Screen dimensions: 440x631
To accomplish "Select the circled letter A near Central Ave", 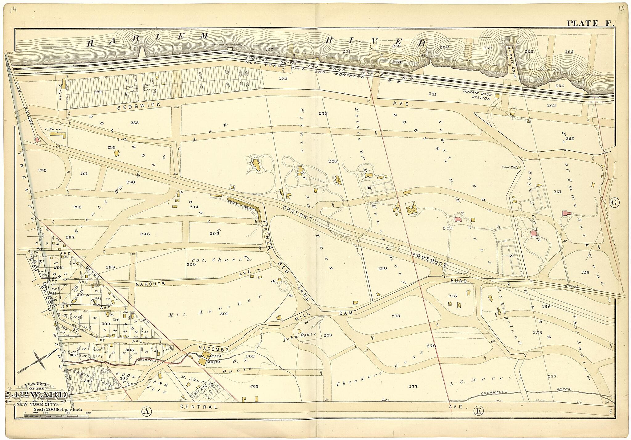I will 147,410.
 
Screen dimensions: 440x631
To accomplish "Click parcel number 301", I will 224,314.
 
